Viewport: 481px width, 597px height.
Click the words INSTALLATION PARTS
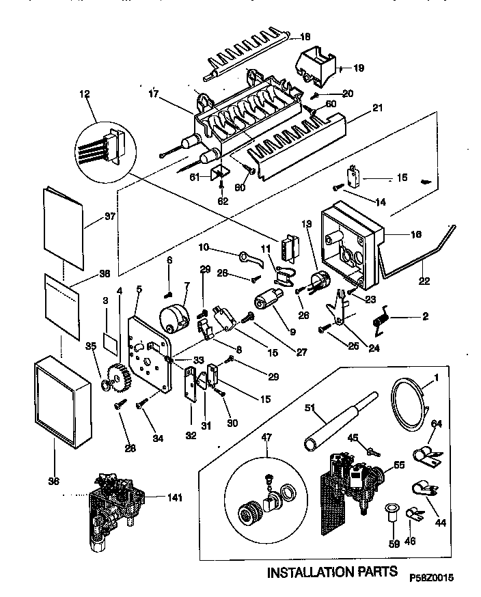pyautogui.click(x=331, y=571)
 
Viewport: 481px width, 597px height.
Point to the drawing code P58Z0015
pyautogui.click(x=432, y=577)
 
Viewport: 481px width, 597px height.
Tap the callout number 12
pyautogui.click(x=85, y=95)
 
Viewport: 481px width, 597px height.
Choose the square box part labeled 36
pyautogui.click(x=61, y=400)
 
